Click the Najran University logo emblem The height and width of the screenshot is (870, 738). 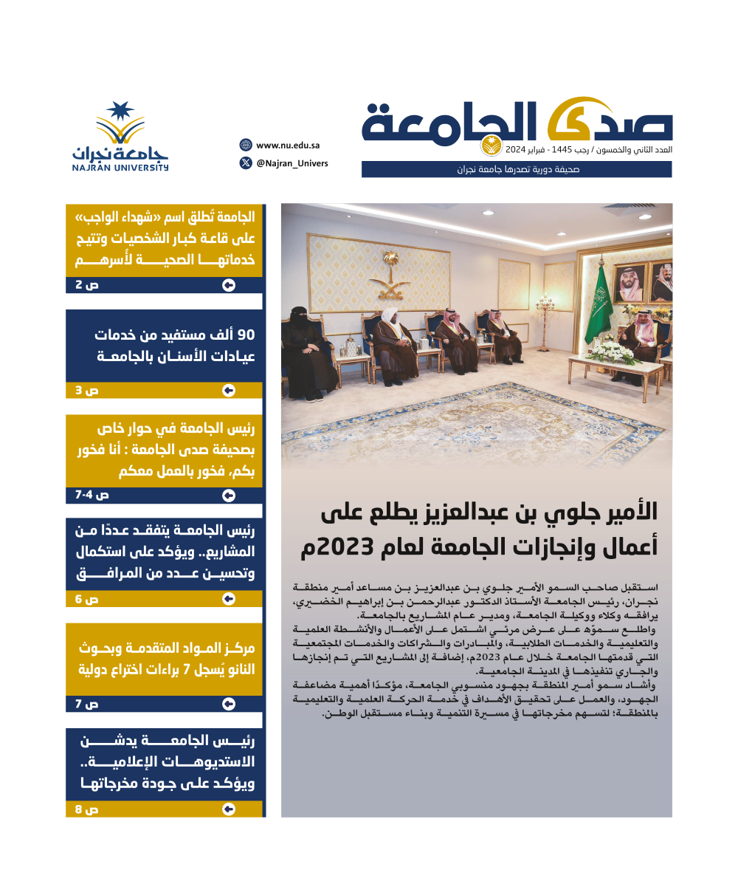[120, 124]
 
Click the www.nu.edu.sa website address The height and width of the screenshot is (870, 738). [288, 145]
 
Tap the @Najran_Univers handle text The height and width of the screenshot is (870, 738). [292, 163]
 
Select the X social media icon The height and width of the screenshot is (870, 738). [246, 163]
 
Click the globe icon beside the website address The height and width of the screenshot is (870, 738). [246, 145]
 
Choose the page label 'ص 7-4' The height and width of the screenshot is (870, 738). [87, 494]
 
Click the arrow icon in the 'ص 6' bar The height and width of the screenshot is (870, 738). [229, 599]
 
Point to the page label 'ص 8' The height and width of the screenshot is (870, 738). [87, 809]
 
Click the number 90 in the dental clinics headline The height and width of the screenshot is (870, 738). [244, 334]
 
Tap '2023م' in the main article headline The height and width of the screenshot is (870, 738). [337, 548]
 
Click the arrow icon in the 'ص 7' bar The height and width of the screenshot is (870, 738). [229, 705]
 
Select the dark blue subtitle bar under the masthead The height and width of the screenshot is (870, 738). [517, 170]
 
